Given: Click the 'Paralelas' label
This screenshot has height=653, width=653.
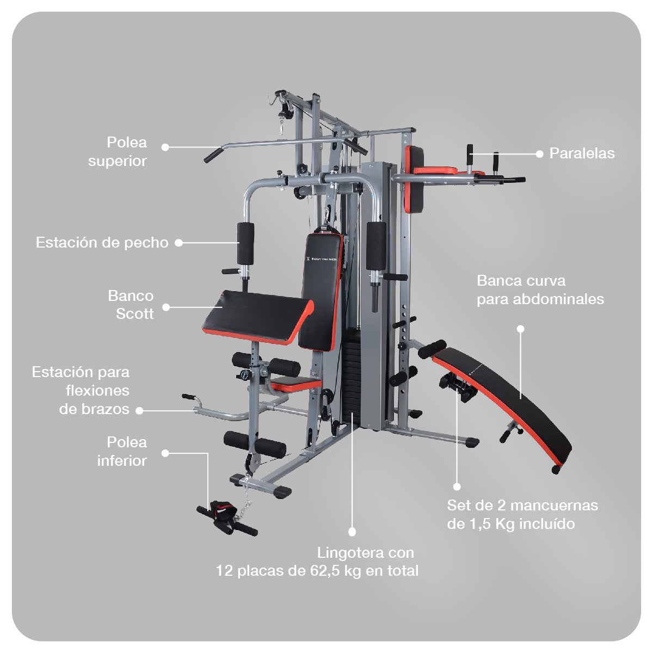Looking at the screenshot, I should tap(582, 153).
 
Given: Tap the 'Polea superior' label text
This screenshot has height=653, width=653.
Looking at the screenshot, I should tap(118, 152).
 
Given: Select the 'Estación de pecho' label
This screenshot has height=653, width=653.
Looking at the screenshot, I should tap(102, 243).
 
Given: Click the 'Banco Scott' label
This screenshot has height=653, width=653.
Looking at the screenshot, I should tap(131, 305).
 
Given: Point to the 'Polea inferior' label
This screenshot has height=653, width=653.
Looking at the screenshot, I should tap(122, 452).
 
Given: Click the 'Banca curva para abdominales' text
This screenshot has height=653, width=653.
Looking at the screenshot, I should tap(540, 290).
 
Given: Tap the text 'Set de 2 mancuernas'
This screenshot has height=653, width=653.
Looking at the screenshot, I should tap(522, 506).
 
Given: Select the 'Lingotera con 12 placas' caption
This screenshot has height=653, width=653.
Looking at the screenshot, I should tap(317, 562).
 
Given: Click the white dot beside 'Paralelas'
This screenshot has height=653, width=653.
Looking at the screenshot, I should tap(539, 154).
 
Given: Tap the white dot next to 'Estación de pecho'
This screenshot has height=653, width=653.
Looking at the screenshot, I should tap(178, 243).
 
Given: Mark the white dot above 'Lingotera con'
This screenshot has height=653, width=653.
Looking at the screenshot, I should tap(352, 532).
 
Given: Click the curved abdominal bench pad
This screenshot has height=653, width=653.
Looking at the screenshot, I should tap(506, 397).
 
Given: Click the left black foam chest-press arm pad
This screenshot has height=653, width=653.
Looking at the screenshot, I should tap(245, 243).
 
